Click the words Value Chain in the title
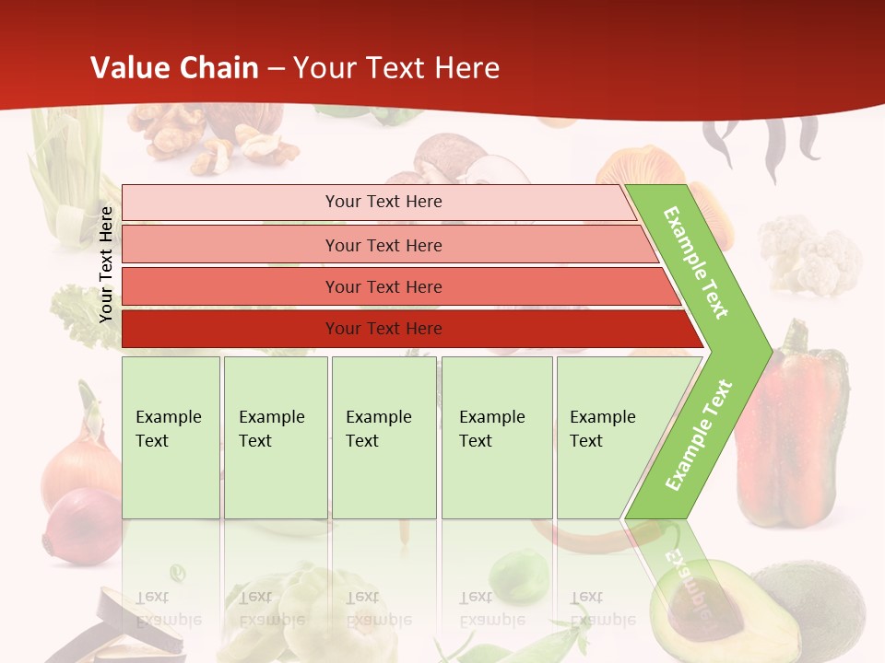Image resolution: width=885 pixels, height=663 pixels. [174, 67]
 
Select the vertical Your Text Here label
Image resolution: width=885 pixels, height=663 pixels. [106, 265]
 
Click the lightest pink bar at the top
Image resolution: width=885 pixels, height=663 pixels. [383, 202]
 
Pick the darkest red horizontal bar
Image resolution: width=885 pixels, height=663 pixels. [383, 329]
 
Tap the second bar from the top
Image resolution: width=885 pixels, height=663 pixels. [383, 245]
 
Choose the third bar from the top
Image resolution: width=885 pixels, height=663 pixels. [383, 286]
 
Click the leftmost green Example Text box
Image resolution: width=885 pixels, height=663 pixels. [171, 436]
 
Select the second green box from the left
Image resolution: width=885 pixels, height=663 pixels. [275, 436]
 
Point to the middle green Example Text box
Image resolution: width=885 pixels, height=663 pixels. [383, 436]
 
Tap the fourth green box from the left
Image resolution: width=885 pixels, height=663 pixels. [496, 436]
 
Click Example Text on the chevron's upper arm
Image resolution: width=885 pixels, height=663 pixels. [697, 262]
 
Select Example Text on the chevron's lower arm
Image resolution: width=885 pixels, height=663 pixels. [699, 435]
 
